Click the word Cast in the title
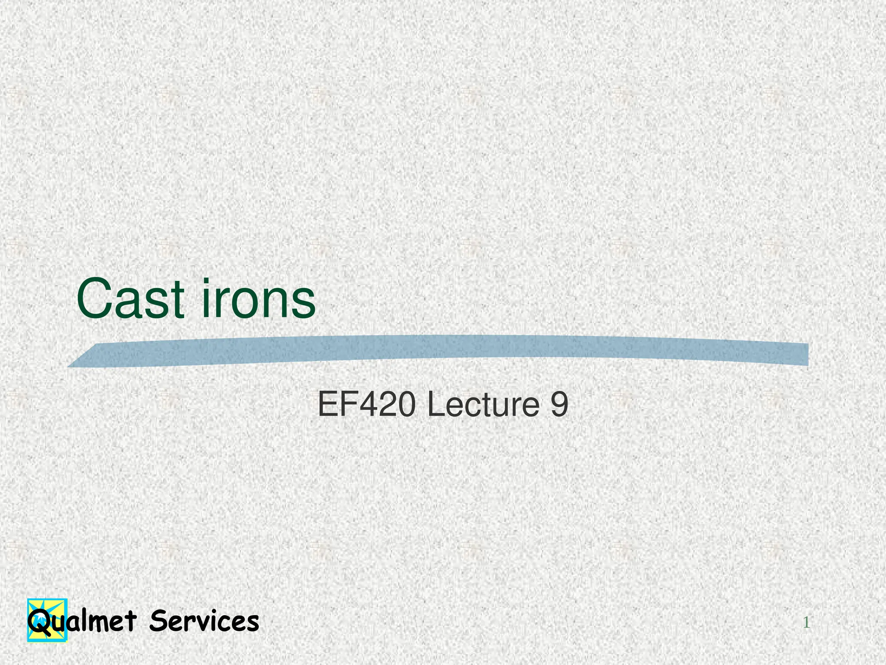coord(130,298)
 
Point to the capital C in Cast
coord(93,298)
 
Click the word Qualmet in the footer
coord(82,621)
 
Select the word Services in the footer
coord(204,621)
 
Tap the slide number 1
coord(806,623)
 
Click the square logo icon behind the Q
coord(48,620)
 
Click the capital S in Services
coord(157,621)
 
